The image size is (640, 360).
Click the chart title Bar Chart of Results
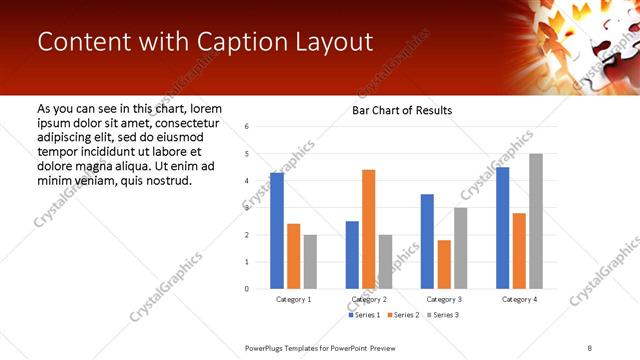(x=402, y=110)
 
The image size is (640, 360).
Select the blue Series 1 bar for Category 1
(x=277, y=231)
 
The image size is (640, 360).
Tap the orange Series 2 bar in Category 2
(x=368, y=229)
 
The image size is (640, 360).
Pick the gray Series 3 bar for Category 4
(x=536, y=221)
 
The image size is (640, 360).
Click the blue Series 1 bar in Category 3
(x=427, y=241)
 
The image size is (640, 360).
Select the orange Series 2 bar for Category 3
(x=444, y=264)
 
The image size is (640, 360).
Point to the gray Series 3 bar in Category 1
(x=310, y=262)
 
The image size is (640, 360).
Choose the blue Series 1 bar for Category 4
(x=502, y=228)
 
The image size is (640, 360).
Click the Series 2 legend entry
(x=406, y=315)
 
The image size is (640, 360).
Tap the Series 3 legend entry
(x=445, y=315)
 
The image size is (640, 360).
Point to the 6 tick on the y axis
(x=247, y=127)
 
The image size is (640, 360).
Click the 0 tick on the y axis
(x=247, y=289)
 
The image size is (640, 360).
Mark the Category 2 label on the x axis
(x=368, y=299)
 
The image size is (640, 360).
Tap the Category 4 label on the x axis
(x=519, y=299)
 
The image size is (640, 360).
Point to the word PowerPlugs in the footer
(x=267, y=347)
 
